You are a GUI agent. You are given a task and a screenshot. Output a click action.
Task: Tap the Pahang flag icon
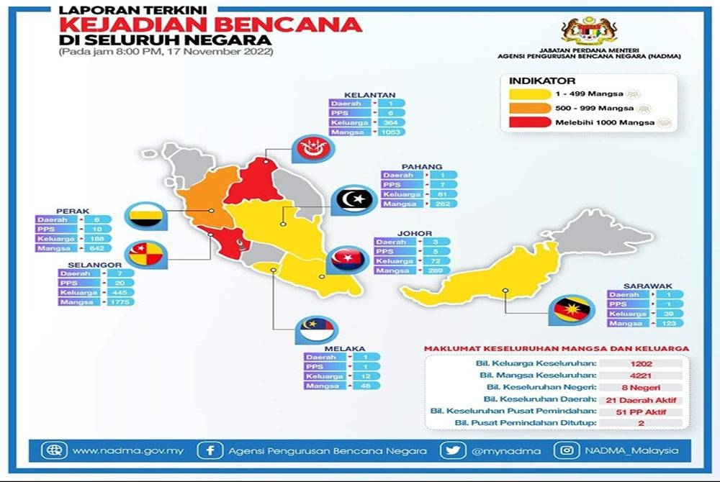(x=353, y=199)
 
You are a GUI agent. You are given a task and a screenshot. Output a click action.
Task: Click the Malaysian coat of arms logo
(x=589, y=31)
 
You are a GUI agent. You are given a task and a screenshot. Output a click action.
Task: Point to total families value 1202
(x=639, y=364)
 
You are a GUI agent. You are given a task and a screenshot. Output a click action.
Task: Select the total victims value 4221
(x=639, y=376)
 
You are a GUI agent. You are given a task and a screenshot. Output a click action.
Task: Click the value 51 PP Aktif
(x=639, y=411)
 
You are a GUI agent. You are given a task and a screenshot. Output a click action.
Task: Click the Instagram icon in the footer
(x=567, y=451)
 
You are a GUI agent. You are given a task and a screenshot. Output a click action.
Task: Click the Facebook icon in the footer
(x=210, y=451)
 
